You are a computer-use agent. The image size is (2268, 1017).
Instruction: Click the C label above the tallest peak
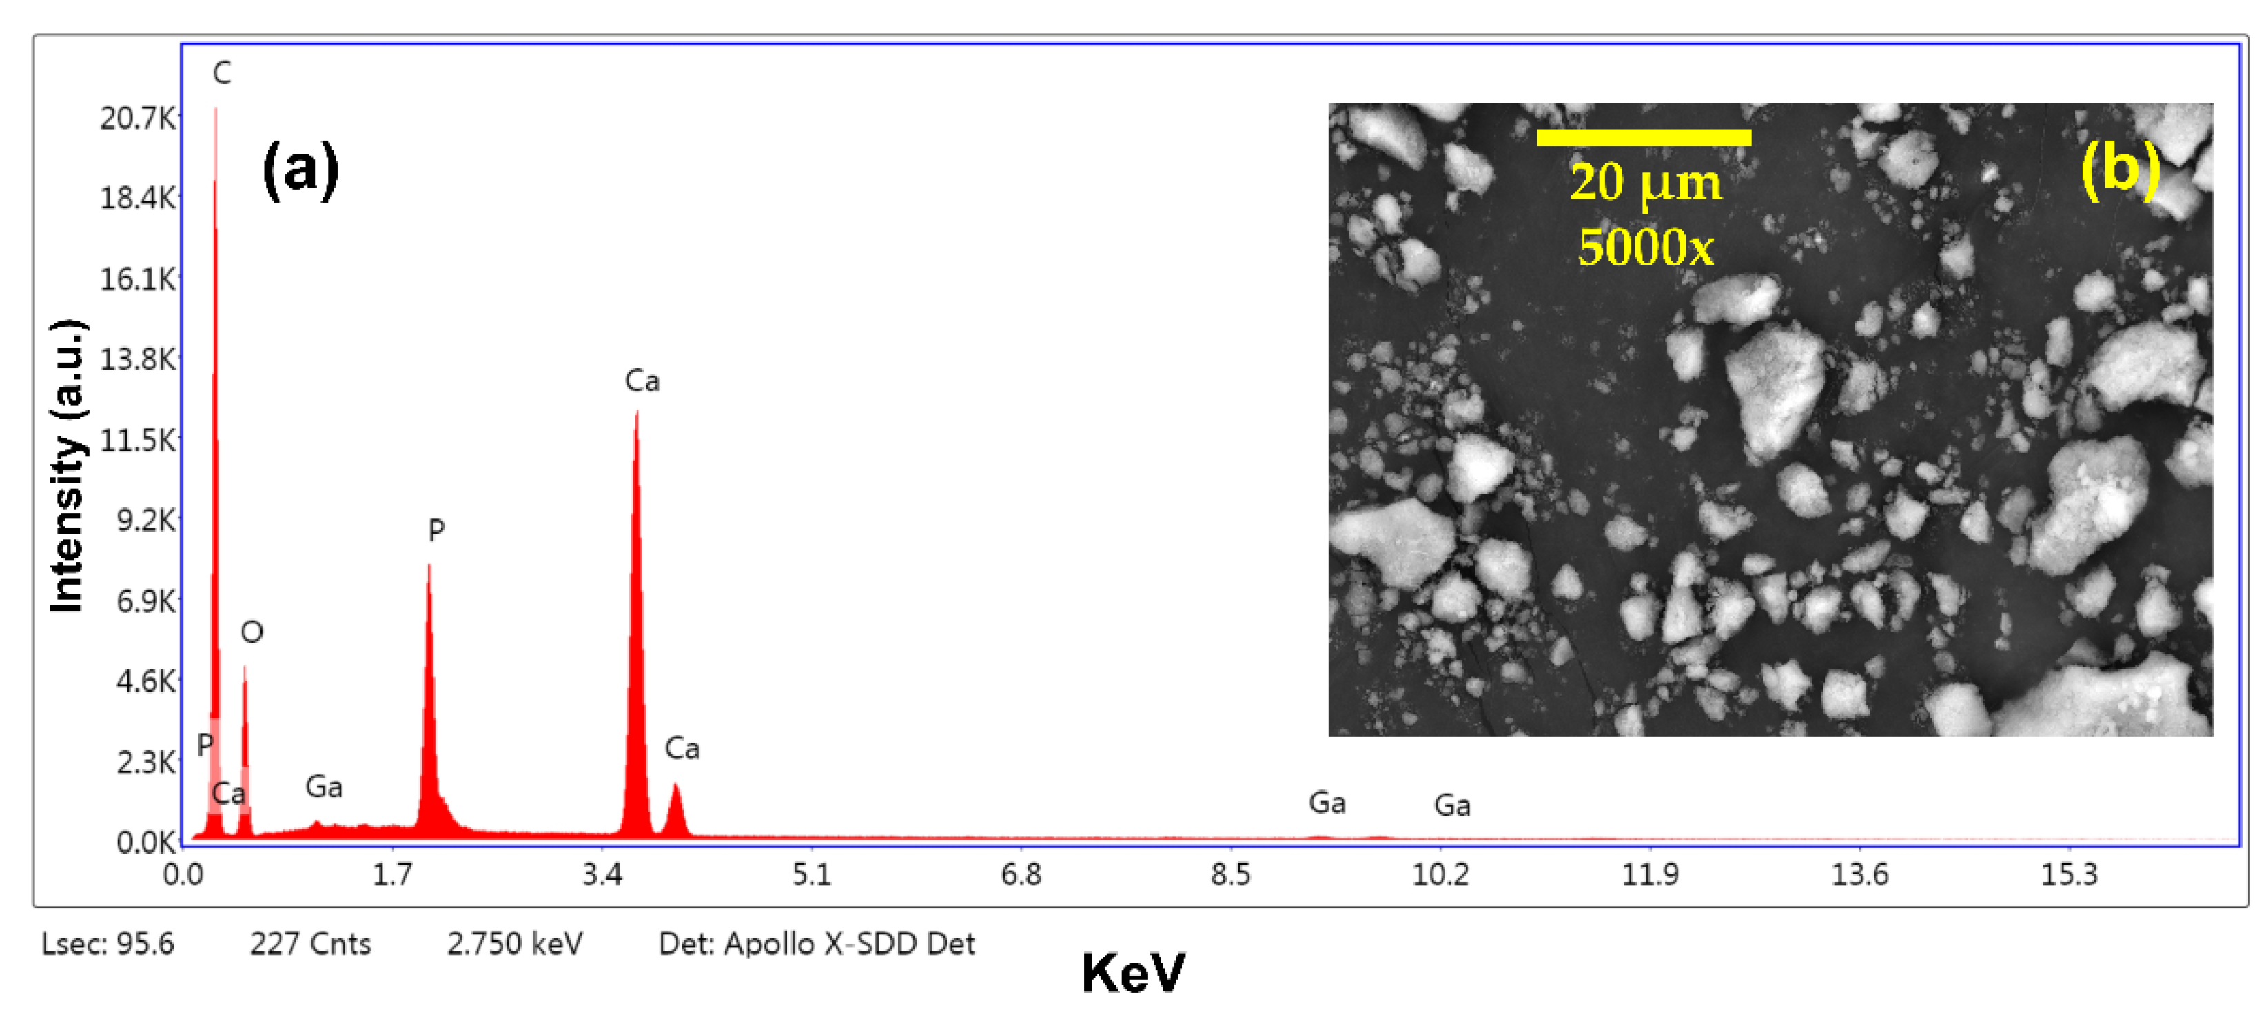pos(222,73)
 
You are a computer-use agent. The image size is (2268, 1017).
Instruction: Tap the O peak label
pos(252,632)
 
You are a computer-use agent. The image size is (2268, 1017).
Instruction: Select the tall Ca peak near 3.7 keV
pos(635,616)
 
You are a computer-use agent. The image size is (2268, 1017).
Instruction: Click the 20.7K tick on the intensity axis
pos(137,118)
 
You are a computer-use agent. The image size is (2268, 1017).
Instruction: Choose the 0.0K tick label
pos(145,843)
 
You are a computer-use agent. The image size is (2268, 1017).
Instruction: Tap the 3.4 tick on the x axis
pos(602,874)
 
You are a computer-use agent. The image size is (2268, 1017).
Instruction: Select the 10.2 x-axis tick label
pos(1440,874)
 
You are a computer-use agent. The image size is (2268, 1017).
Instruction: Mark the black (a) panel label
pos(300,169)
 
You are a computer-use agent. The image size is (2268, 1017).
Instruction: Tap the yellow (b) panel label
pos(2120,168)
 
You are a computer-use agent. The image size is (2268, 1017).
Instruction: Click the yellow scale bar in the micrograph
pos(1644,137)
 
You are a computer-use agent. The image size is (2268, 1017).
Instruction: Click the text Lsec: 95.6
pos(108,944)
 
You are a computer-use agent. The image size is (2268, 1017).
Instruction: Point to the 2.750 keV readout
pos(514,944)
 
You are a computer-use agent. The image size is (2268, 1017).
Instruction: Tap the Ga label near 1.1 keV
pos(324,786)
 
